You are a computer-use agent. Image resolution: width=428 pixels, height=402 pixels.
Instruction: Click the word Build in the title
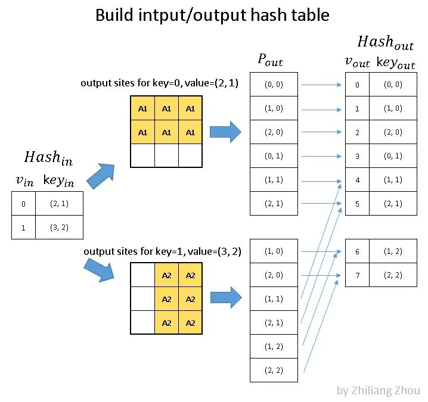coord(114,15)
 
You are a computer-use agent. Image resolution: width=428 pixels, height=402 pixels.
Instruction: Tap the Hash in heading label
coord(49,158)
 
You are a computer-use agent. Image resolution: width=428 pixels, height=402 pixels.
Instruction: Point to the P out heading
coord(270,60)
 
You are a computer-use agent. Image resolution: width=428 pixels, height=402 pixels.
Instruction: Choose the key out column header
coord(396,63)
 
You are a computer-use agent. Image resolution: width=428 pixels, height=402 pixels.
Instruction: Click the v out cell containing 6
coord(357,251)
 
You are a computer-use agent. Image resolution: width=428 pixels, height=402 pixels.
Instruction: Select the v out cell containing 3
coord(357,156)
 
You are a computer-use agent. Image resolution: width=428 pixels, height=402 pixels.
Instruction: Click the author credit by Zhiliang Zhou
coord(378,391)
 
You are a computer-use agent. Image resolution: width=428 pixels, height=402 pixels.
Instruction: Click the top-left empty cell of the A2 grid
coord(142,275)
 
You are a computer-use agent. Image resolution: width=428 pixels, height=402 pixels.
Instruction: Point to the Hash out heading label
coord(384,42)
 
